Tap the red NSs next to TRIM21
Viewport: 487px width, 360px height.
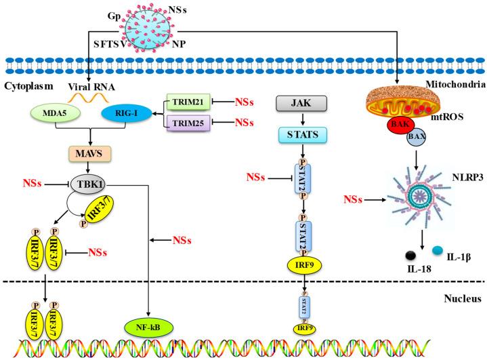tap(245, 102)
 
